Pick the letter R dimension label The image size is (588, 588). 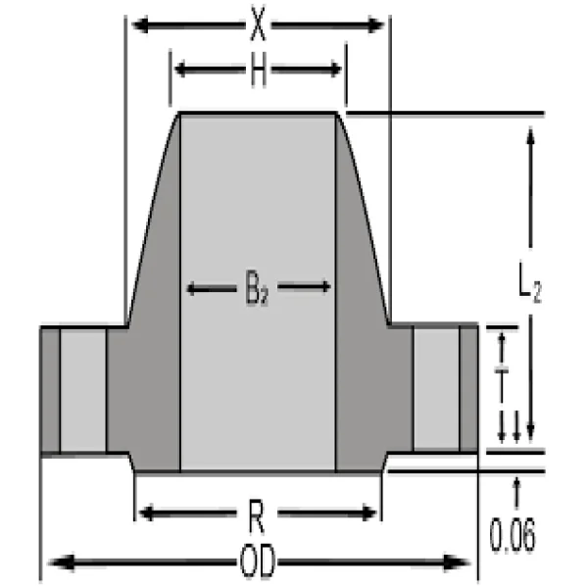(258, 512)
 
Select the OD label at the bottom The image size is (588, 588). (258, 563)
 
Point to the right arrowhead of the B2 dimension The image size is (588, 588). (325, 287)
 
